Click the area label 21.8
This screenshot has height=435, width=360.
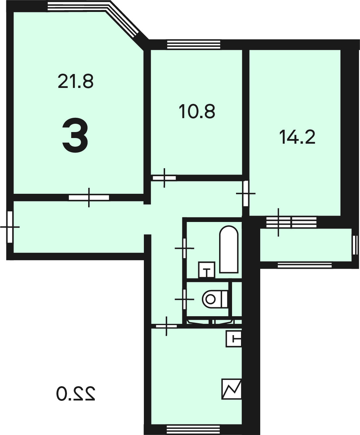coord(76,81)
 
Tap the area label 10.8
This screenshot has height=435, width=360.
coord(197,111)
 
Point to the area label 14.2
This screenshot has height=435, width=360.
coord(297,137)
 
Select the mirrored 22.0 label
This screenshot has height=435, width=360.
coord(76,394)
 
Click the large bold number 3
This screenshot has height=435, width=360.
coord(75,135)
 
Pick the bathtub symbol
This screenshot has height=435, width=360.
coord(229,250)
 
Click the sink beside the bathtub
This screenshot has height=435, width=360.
coord(207,270)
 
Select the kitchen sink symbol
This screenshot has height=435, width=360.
coord(234,339)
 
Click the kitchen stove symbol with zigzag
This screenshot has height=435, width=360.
coord(232,389)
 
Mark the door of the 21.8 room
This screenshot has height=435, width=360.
coord(89,197)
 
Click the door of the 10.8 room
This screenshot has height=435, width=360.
coord(164,178)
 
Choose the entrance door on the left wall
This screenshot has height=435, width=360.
coord(10,227)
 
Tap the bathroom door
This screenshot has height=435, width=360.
coord(184,248)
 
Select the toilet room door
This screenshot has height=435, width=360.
coord(184,299)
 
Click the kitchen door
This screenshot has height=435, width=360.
coord(166,326)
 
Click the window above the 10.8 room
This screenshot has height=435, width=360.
coord(194,44)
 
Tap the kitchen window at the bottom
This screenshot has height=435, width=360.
coord(193,430)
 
